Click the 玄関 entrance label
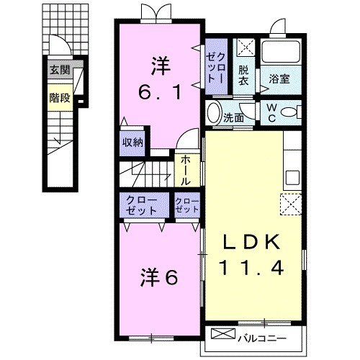pos(60,71)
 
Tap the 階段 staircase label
pos(60,97)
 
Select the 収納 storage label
pos(132,142)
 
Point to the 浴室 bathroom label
pos(280,79)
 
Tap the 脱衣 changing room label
pos(245,76)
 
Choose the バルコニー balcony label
pos(266,336)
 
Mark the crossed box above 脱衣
pos(246,48)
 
